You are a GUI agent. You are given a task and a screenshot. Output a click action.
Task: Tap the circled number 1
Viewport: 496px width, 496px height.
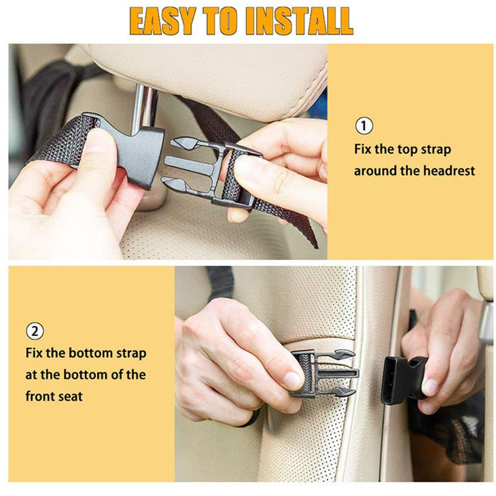(364, 126)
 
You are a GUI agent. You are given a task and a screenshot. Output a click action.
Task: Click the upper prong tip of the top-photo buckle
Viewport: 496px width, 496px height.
(184, 143)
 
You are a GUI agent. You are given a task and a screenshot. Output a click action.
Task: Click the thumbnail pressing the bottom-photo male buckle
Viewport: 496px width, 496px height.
(293, 380)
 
